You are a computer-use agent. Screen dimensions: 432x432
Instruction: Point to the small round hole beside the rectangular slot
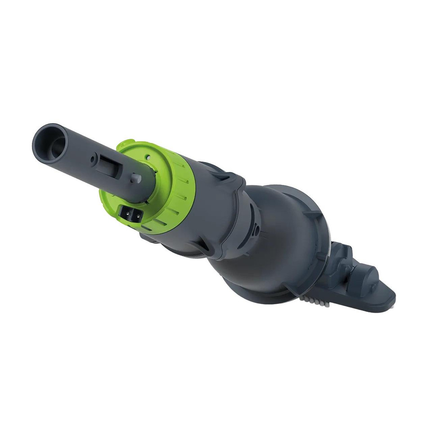pyautogui.click(x=93, y=159)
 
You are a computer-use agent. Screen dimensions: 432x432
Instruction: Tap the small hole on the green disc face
pyautogui.click(x=147, y=158)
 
